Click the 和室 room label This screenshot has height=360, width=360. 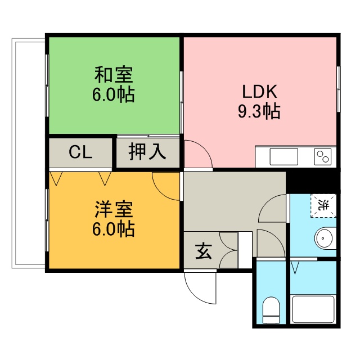pos(113,75)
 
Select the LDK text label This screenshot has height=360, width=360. pos(259,91)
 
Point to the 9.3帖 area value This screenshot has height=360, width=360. pos(259,111)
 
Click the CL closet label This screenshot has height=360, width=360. pos(81,152)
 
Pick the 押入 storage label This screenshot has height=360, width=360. pos(147,152)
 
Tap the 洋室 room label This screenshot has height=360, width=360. pos(113,209)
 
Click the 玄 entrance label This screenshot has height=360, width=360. pos(203,251)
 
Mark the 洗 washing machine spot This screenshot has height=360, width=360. pos(323,205)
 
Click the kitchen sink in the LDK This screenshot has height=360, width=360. pos(283,156)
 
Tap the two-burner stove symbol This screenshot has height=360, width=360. pos(323,156)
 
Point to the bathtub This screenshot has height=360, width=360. pos(313,309)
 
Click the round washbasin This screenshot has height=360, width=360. pos(325,239)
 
